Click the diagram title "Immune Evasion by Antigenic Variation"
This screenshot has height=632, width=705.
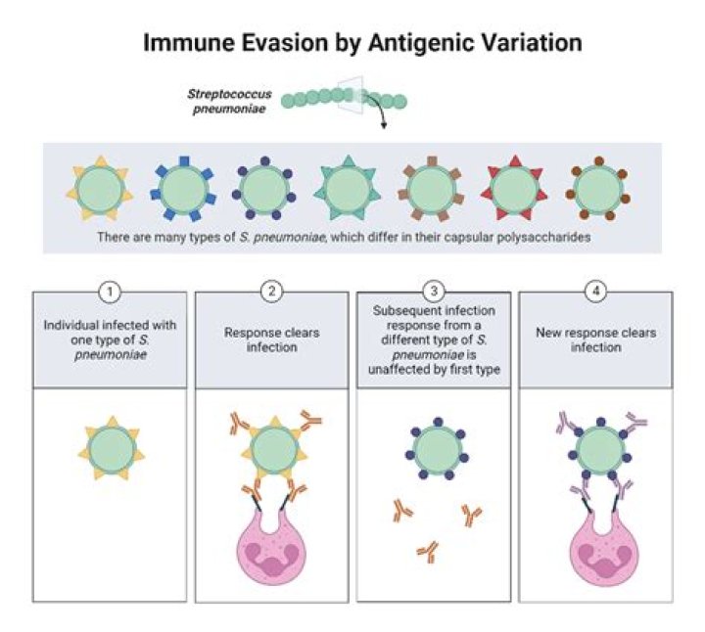tap(362, 43)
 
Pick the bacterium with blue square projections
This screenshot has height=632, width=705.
tap(183, 188)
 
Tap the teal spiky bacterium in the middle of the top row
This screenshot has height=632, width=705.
tap(349, 188)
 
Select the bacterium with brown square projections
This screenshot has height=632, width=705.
tap(432, 188)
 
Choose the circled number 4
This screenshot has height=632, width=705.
tap(595, 292)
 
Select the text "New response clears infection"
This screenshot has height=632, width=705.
tap(595, 339)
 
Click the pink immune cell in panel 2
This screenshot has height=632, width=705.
tap(274, 548)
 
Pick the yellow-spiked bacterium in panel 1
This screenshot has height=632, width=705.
tap(110, 449)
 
